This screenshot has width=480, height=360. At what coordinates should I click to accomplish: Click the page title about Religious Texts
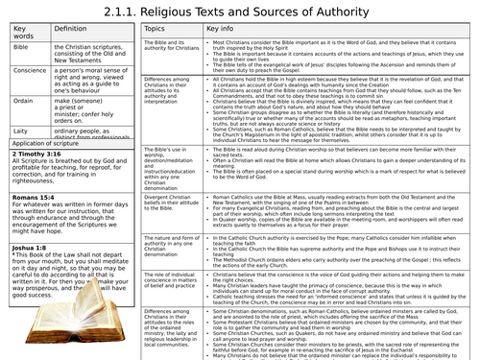[240, 12]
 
